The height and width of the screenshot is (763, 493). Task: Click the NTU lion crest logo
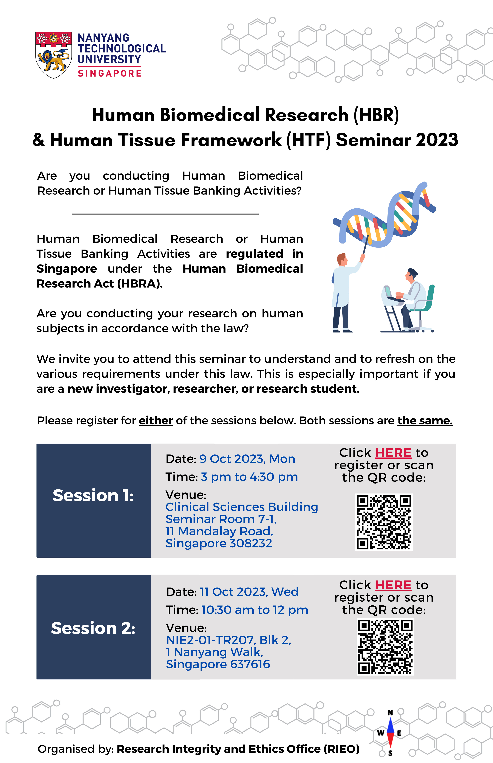(x=53, y=55)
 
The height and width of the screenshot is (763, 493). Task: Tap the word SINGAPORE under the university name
(x=110, y=73)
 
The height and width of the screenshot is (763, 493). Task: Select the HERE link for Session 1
(x=393, y=453)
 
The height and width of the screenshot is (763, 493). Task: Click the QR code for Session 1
(x=384, y=522)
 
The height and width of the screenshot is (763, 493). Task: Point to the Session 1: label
(x=93, y=495)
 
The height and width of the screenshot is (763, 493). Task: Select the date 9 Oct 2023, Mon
(x=247, y=459)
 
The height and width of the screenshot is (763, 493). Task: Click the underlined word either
(x=156, y=421)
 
